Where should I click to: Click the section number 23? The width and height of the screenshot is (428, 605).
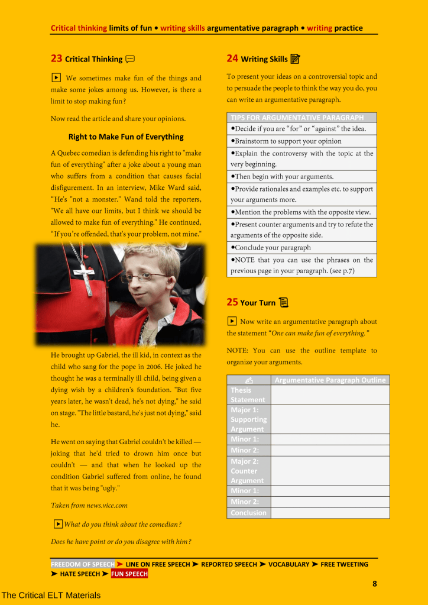(x=56, y=59)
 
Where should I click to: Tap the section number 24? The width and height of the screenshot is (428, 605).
(x=232, y=58)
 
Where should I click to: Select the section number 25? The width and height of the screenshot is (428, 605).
(x=232, y=302)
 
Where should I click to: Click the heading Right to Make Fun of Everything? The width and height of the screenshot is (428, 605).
(x=126, y=137)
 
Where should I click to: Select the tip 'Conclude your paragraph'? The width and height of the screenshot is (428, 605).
(x=272, y=248)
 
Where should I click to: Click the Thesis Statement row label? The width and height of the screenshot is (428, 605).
(x=248, y=394)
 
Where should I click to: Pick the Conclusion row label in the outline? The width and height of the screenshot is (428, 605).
(x=248, y=513)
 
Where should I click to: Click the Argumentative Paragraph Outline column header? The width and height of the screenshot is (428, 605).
(x=330, y=380)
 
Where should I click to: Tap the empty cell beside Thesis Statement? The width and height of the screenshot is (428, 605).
(x=330, y=394)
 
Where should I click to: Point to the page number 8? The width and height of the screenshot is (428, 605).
(x=374, y=584)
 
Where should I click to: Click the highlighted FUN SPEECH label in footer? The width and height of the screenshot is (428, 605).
(x=129, y=574)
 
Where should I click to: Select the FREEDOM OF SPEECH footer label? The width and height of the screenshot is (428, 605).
(x=82, y=564)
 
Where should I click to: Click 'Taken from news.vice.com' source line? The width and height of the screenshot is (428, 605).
(x=89, y=506)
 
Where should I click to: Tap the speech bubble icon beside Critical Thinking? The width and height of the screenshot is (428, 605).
(x=130, y=59)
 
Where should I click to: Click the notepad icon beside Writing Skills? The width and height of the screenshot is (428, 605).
(x=296, y=59)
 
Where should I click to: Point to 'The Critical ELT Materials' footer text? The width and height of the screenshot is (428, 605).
(x=51, y=595)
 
